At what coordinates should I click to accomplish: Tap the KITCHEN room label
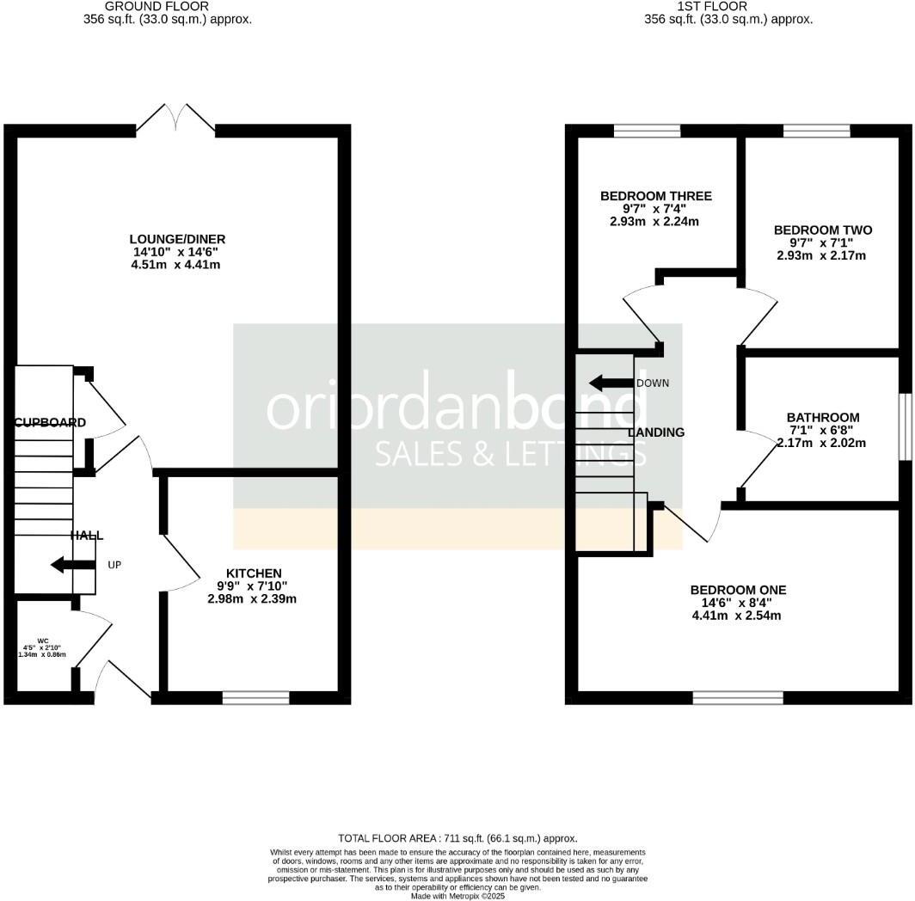click(x=254, y=573)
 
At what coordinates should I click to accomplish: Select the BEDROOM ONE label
click(x=738, y=590)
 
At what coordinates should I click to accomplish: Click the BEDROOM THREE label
click(x=655, y=196)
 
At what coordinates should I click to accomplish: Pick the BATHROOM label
click(x=822, y=418)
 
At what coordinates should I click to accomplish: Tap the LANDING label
click(x=657, y=432)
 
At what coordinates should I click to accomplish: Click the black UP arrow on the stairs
click(x=73, y=565)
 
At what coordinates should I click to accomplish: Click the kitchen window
click(x=255, y=697)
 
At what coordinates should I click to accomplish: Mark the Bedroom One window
click(x=738, y=697)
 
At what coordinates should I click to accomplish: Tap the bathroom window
click(x=905, y=426)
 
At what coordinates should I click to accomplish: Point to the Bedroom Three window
click(x=647, y=131)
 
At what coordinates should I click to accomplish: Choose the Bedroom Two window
click(x=816, y=131)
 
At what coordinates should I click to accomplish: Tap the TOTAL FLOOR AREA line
click(x=457, y=837)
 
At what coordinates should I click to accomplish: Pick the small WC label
click(x=42, y=641)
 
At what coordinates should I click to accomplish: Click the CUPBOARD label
click(x=50, y=422)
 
